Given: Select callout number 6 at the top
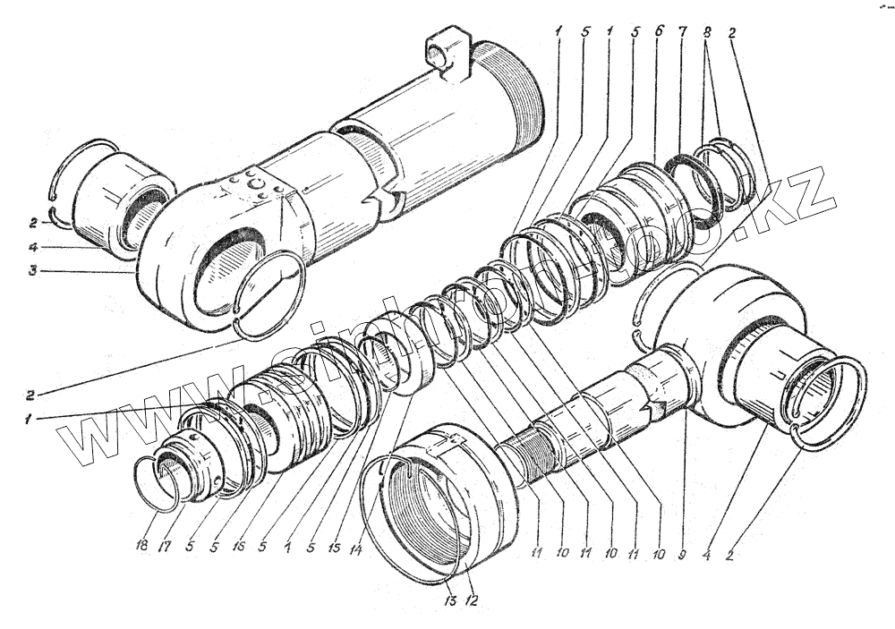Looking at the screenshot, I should tap(659, 30).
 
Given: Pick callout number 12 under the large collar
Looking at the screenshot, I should tap(471, 599).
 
